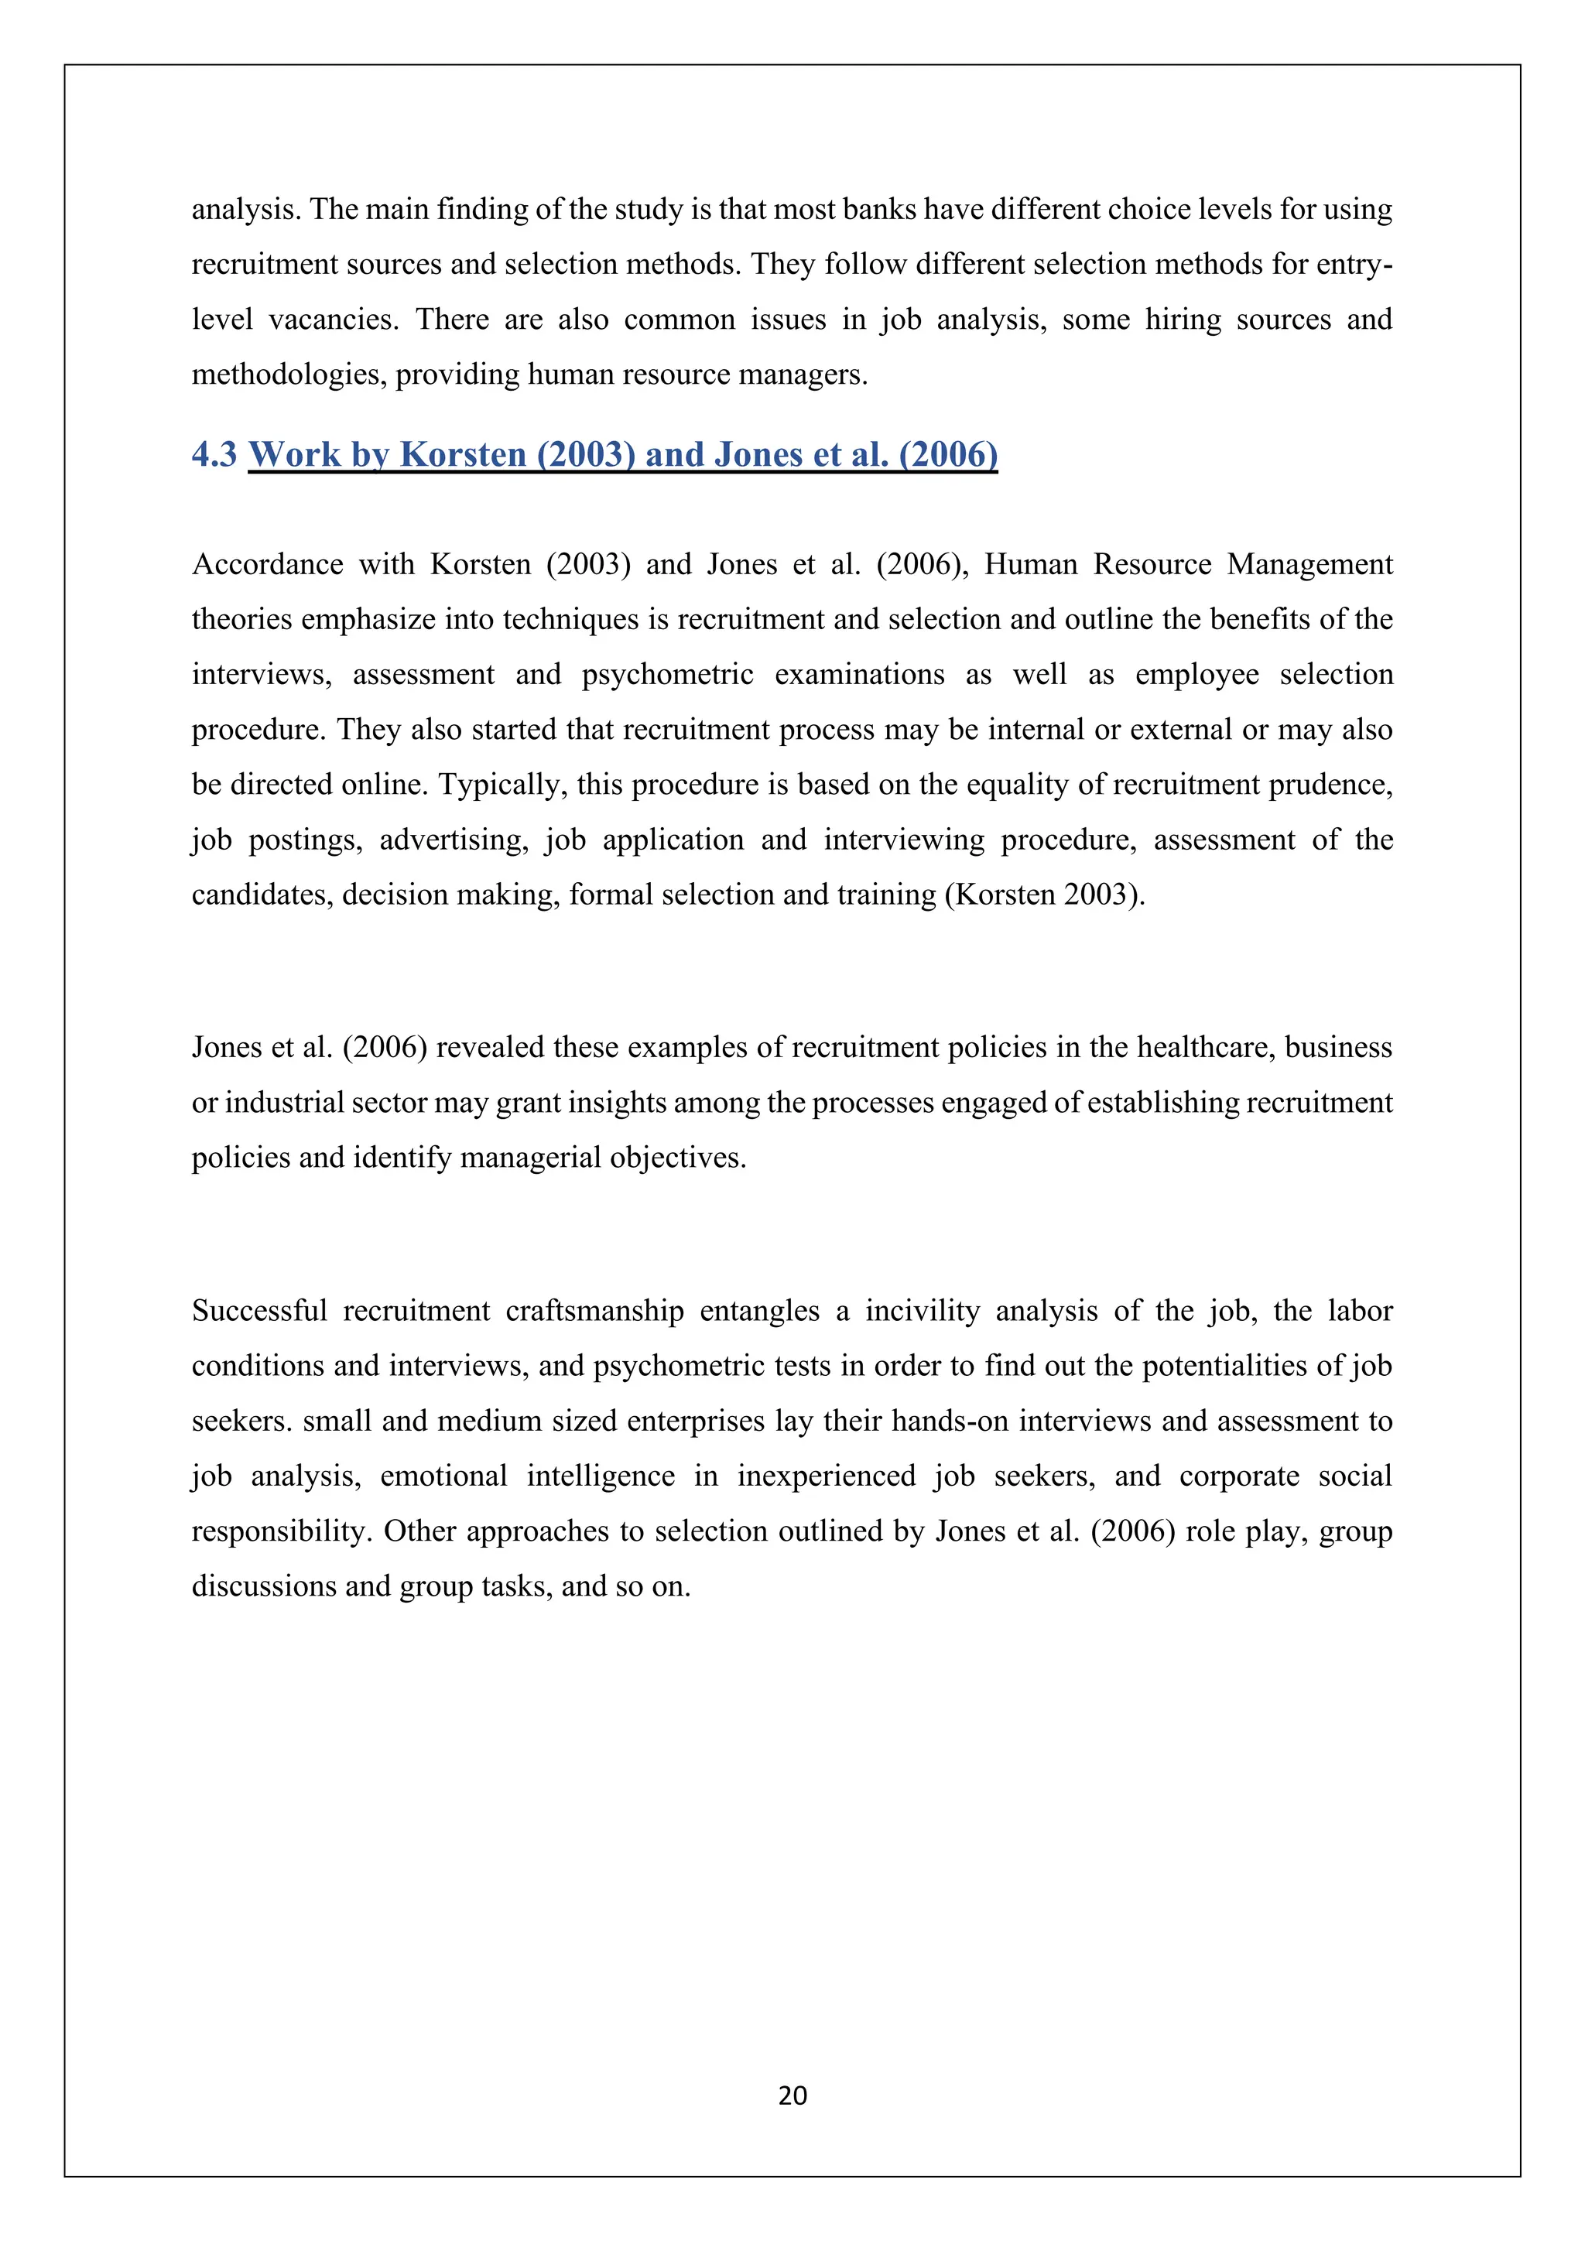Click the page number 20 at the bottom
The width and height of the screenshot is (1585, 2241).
tap(792, 2096)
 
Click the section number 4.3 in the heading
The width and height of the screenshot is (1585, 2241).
tap(214, 454)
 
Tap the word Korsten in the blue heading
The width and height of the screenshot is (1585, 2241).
tap(463, 454)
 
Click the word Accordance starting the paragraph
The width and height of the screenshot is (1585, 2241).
tap(268, 564)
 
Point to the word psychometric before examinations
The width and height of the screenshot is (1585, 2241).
tap(668, 675)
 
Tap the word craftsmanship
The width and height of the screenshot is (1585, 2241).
tap(594, 1310)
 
